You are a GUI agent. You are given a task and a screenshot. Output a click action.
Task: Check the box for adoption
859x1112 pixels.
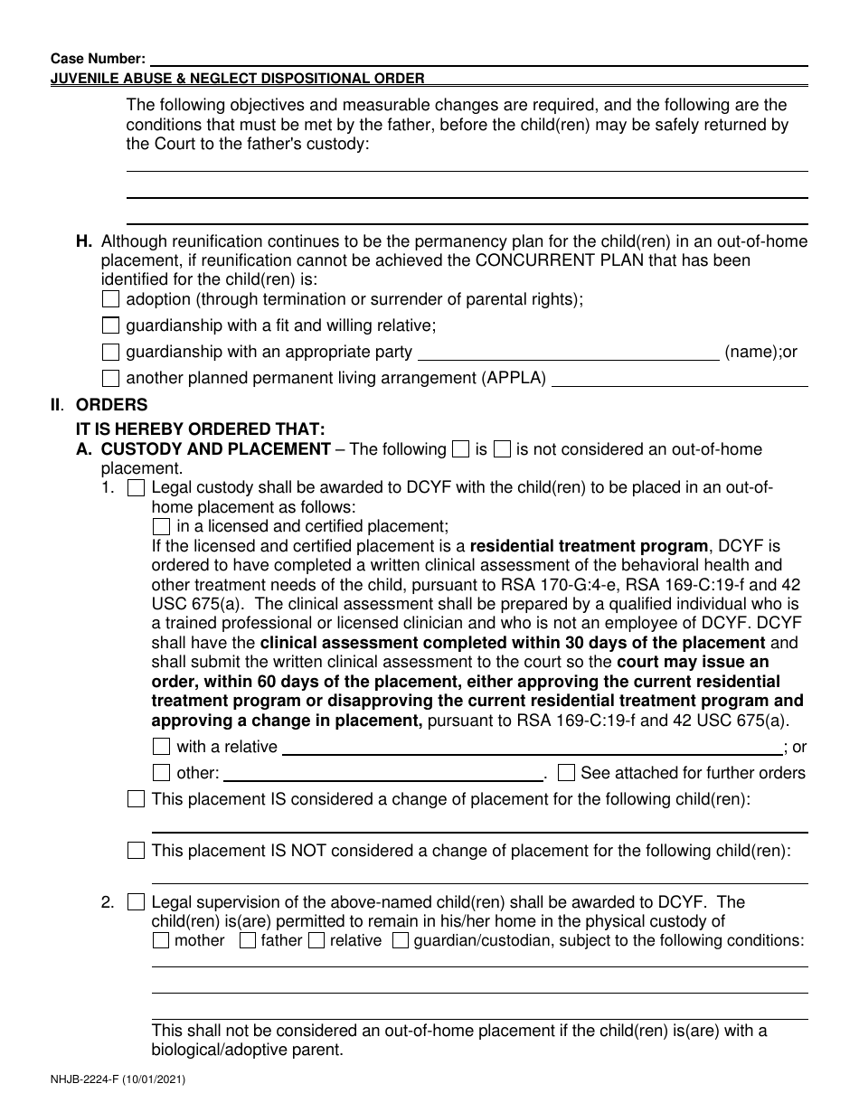[110, 299]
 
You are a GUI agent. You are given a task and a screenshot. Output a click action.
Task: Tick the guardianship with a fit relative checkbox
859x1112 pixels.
[110, 325]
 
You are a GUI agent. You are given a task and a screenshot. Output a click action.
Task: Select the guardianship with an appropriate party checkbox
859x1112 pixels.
[110, 352]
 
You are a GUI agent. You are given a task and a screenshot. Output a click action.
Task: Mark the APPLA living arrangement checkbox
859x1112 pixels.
[110, 378]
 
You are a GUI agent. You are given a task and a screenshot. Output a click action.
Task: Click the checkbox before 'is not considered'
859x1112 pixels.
[503, 449]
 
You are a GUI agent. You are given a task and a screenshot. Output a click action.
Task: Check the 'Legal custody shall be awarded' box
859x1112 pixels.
[136, 488]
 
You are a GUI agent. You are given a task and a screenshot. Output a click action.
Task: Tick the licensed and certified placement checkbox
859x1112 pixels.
[161, 526]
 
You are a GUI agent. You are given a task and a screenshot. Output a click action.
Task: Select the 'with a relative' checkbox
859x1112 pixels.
[161, 747]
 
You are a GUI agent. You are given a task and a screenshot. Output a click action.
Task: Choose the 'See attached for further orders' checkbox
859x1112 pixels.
[566, 773]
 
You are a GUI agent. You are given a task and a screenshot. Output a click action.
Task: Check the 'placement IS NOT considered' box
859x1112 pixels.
[136, 851]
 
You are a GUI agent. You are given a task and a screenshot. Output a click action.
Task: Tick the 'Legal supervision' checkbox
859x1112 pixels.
[136, 902]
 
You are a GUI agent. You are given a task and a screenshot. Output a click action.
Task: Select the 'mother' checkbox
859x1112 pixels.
[161, 940]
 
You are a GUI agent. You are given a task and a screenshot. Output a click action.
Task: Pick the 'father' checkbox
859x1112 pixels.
[247, 940]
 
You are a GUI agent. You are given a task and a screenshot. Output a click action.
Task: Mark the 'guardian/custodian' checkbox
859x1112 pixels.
[400, 940]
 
